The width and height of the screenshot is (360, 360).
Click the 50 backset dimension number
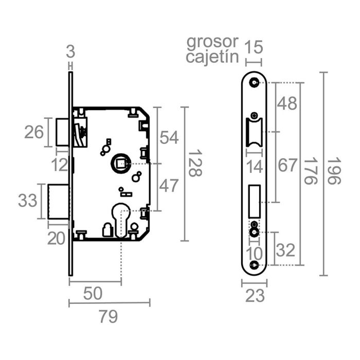(93, 294)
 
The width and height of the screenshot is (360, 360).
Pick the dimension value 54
(169, 137)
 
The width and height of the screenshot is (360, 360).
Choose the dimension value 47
(169, 186)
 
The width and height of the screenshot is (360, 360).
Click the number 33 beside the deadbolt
(28, 200)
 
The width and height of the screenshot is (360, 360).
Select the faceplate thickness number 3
(71, 51)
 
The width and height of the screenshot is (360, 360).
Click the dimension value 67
(287, 166)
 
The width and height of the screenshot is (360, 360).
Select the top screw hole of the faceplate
(254, 82)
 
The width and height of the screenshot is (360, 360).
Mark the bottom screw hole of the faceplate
(254, 265)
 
